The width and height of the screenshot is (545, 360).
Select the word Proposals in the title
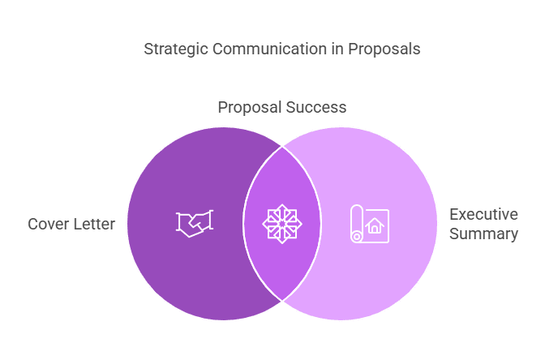tap(384, 49)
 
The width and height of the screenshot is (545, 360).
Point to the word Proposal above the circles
tap(250, 108)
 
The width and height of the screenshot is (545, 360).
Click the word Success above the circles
tap(316, 107)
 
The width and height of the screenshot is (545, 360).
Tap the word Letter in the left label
tap(92, 224)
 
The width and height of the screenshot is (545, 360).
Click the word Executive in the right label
tap(483, 214)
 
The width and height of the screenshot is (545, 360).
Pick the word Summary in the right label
tap(483, 234)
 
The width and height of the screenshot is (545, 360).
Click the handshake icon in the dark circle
tap(195, 224)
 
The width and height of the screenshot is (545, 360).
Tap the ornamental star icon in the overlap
tap(282, 224)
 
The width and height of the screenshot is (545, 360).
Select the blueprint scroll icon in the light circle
tap(370, 224)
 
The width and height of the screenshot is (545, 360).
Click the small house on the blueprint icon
tap(375, 225)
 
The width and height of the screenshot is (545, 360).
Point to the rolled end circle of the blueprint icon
tap(357, 237)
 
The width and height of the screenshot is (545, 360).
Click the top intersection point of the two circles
tap(282, 147)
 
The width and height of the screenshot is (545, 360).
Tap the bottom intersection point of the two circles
tap(282, 301)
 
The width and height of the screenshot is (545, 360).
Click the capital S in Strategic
tap(148, 49)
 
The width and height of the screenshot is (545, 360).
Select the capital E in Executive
tap(453, 214)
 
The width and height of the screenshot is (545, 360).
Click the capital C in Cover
tap(33, 224)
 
